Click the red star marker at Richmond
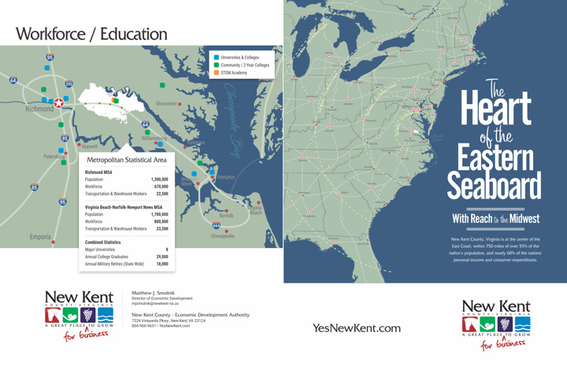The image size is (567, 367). (x=58, y=102)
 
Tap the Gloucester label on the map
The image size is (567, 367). (x=166, y=104)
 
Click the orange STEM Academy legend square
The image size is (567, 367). (x=217, y=72)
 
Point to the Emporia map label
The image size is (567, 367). (x=40, y=237)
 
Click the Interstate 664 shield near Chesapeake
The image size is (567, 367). (x=216, y=224)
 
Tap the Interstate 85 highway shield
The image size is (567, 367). (x=34, y=187)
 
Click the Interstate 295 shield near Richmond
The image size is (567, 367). (x=69, y=83)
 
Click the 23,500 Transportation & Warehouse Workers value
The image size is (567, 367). (x=161, y=229)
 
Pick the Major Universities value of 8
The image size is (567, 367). (x=166, y=250)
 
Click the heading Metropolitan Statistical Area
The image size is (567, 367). (x=127, y=160)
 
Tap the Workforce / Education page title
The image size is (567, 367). (x=91, y=34)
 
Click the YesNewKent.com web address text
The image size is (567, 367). (x=356, y=328)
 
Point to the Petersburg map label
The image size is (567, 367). (x=54, y=156)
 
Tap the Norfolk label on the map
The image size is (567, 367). (x=226, y=215)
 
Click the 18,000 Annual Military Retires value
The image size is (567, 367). (x=161, y=264)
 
